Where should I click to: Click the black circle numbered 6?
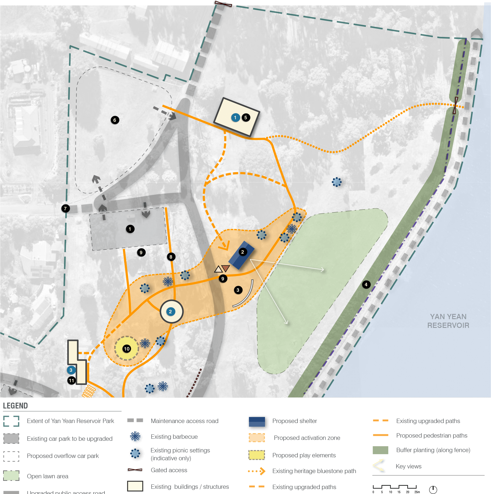(x=115, y=120)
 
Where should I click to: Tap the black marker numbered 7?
(x=65, y=208)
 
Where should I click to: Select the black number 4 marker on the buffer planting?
(x=366, y=285)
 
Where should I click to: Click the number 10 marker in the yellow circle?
(x=127, y=349)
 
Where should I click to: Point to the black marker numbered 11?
(x=72, y=381)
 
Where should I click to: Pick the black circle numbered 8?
(x=171, y=257)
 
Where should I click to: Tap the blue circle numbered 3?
(x=71, y=370)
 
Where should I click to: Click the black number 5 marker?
(x=246, y=118)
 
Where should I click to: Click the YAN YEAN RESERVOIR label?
(x=448, y=321)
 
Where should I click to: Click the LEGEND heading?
(x=15, y=406)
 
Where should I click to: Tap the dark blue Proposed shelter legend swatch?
(x=257, y=422)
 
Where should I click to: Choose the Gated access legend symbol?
(x=135, y=470)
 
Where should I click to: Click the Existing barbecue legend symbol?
(x=135, y=436)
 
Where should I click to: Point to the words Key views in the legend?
(x=408, y=466)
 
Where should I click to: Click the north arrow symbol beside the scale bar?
(x=433, y=490)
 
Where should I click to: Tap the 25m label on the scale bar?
(x=417, y=492)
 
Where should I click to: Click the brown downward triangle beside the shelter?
(x=225, y=268)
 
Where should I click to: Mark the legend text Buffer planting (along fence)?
(x=433, y=450)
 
